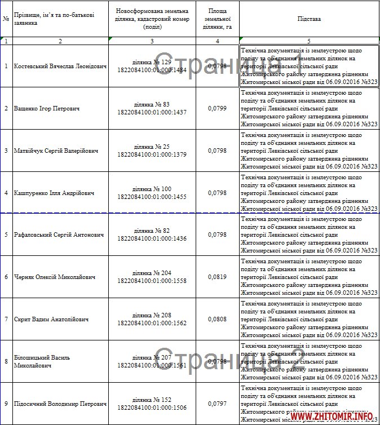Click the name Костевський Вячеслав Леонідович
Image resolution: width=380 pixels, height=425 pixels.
point(60,67)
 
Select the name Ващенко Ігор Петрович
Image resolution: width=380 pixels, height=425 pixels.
point(46,108)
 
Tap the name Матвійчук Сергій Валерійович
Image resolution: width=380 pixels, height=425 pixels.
point(56,151)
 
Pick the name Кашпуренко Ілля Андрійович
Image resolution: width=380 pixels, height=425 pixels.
point(54,193)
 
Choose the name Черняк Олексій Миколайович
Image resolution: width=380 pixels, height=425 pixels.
point(54,277)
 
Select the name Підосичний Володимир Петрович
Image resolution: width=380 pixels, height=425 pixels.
point(60,404)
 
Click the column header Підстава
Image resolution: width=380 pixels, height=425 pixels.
point(309,19)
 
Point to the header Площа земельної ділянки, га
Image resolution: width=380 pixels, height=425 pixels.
point(218,19)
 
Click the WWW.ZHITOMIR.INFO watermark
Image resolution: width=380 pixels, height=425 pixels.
point(333,417)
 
